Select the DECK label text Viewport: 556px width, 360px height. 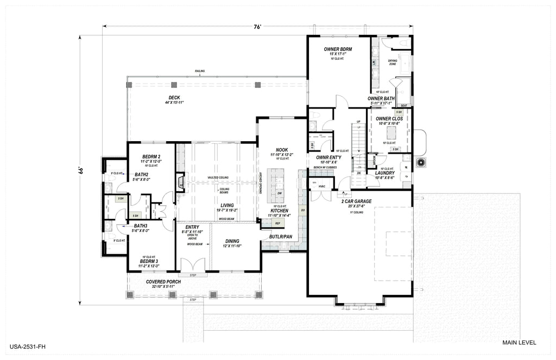click(174, 97)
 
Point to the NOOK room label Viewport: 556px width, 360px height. click(281, 149)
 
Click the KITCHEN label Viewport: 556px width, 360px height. click(280, 211)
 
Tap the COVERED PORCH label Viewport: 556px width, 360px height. click(163, 282)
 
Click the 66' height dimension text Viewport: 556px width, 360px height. click(80, 169)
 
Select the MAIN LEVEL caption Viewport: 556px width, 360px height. click(520, 343)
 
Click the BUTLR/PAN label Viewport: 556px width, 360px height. click(281, 237)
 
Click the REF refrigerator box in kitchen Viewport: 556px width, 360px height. click(277, 223)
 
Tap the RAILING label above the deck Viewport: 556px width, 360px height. click(200, 71)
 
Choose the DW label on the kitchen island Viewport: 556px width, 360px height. click(279, 193)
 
